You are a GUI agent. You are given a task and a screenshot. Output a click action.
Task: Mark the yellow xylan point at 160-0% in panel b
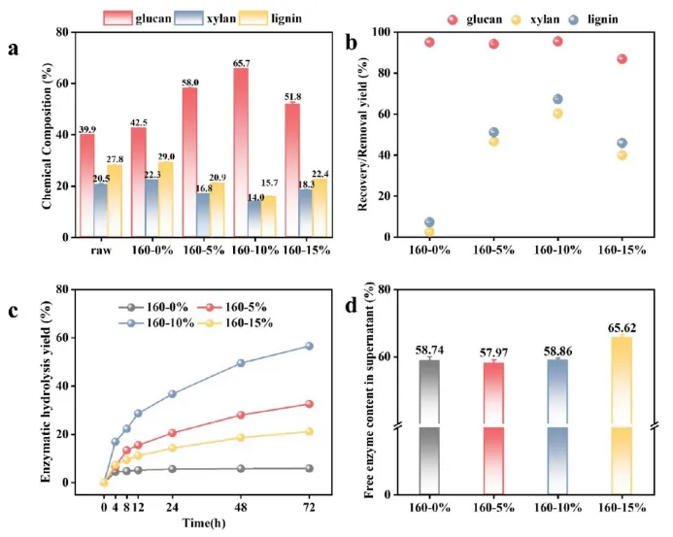(x=429, y=232)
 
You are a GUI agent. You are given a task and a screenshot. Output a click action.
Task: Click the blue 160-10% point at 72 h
(x=310, y=346)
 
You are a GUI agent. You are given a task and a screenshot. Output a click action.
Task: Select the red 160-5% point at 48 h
(x=241, y=415)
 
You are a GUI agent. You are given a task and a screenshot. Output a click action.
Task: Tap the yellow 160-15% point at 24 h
(x=172, y=448)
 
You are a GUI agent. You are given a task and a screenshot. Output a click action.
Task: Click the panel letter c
(x=13, y=312)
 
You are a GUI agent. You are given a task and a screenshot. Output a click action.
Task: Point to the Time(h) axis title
(x=206, y=522)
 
